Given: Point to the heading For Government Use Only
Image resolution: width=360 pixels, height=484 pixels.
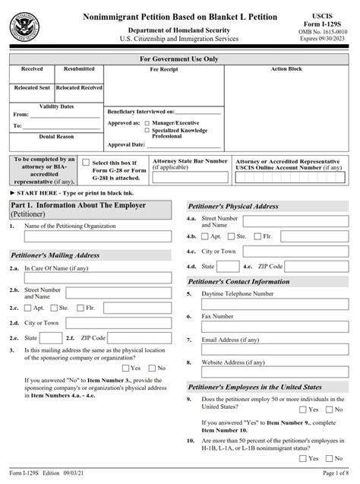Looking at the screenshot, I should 179,59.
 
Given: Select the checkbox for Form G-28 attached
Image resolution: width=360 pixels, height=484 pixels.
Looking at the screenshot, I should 85,163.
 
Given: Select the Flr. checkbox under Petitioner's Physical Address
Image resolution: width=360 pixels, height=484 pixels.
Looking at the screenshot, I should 258,237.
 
